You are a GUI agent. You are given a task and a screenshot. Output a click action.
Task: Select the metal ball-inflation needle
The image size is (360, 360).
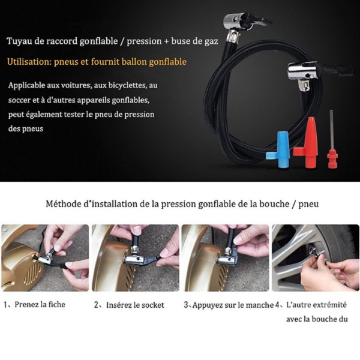click(x=332, y=140)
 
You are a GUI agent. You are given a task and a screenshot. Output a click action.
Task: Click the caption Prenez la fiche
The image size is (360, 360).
click(x=40, y=304)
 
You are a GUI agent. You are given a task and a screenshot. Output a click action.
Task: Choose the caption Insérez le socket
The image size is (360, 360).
click(x=135, y=305)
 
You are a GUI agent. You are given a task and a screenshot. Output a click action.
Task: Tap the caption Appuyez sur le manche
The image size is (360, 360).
click(x=233, y=305)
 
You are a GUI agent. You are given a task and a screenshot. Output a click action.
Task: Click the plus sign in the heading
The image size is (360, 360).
click(x=166, y=41)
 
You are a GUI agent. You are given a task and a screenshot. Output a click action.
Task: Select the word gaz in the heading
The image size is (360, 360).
click(x=211, y=42)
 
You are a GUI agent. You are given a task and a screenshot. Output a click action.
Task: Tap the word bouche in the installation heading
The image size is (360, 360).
click(x=274, y=203)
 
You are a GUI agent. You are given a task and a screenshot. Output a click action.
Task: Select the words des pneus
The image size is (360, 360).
click(x=26, y=129)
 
